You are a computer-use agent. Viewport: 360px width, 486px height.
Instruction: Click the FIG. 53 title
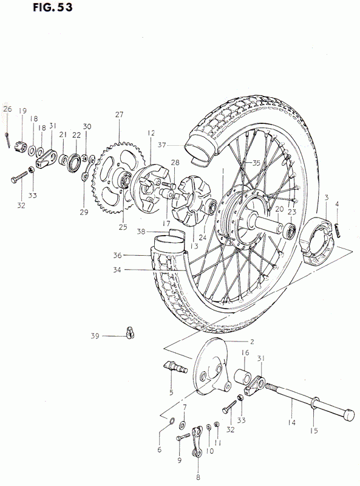(x=53, y=7)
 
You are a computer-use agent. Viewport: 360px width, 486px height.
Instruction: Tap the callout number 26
(x=7, y=109)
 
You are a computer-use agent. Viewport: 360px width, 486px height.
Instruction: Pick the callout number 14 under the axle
(x=291, y=422)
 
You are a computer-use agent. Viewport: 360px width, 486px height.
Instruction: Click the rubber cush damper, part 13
(x=190, y=200)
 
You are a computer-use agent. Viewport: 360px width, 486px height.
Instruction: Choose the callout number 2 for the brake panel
(x=252, y=342)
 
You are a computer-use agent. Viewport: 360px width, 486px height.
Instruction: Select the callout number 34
(x=117, y=270)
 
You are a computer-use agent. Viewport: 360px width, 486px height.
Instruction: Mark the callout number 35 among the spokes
(x=256, y=163)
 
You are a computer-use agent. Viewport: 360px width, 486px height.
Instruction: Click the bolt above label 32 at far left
(x=19, y=177)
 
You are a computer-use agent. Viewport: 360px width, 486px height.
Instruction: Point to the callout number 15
(x=314, y=431)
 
